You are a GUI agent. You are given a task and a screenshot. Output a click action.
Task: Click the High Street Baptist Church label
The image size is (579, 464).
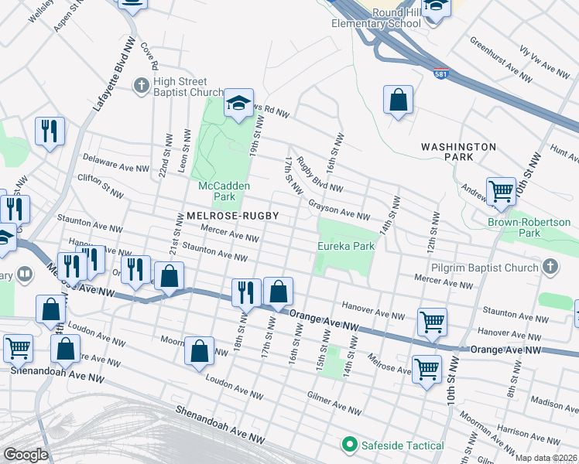tap(180, 87)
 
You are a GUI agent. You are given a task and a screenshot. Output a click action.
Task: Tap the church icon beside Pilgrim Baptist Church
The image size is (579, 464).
tap(550, 268)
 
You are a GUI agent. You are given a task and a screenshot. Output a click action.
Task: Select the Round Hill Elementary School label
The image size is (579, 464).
tap(375, 17)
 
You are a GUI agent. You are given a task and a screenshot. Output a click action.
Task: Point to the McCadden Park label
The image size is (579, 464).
tap(222, 187)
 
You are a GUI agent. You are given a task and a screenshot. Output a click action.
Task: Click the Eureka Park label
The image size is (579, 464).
tap(346, 246)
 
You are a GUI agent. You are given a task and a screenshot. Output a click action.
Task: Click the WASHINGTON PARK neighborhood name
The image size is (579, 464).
tap(458, 151)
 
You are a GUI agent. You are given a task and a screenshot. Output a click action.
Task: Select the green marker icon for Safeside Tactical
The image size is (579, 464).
tap(349, 445)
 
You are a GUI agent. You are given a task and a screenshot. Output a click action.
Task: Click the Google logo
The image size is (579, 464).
tap(25, 454)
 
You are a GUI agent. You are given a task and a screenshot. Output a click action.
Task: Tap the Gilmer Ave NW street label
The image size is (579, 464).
tap(329, 404)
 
